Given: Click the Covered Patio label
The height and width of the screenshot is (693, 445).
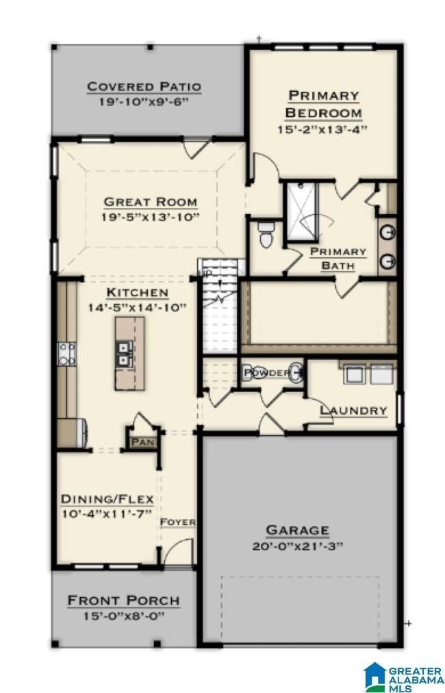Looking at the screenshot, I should click(x=144, y=87).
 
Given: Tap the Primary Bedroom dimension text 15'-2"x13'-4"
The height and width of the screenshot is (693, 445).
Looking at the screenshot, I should click(x=324, y=129).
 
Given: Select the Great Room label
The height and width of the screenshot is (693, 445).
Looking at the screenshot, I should click(x=151, y=202).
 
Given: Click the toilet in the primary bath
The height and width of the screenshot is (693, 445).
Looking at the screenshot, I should click(x=266, y=234).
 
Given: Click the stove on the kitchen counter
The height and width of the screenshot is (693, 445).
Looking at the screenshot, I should click(x=68, y=353).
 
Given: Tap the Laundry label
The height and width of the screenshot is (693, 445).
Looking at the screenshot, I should click(x=354, y=410).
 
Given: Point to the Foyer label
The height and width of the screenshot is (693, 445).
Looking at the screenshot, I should click(x=178, y=523).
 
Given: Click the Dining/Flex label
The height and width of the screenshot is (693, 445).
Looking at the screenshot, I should click(x=107, y=498).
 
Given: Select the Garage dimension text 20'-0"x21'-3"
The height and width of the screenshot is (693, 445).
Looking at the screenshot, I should click(x=297, y=546).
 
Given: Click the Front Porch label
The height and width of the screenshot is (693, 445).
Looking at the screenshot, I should click(x=123, y=601).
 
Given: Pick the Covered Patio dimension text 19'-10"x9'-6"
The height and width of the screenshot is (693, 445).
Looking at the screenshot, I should click(x=144, y=102).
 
